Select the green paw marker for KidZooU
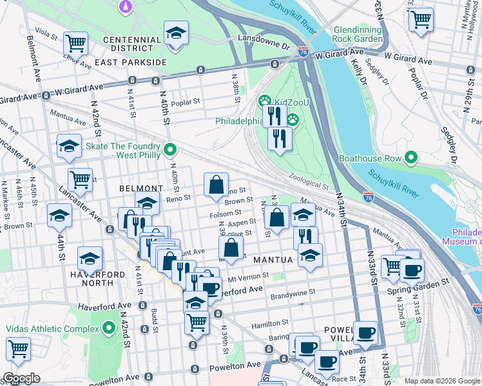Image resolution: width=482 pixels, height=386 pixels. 264,101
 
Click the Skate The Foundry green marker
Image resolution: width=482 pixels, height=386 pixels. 170,150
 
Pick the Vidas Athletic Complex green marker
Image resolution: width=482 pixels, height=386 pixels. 108,329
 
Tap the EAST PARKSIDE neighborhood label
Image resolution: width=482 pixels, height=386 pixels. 130,62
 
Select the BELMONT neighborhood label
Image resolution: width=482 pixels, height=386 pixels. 140,188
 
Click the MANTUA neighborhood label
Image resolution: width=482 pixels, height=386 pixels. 273,260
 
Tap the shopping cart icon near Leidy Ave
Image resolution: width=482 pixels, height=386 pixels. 76,43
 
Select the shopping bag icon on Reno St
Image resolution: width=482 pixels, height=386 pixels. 217,185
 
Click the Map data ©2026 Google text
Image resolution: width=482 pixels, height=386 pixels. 442,381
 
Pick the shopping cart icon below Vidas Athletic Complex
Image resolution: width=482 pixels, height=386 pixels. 18,349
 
